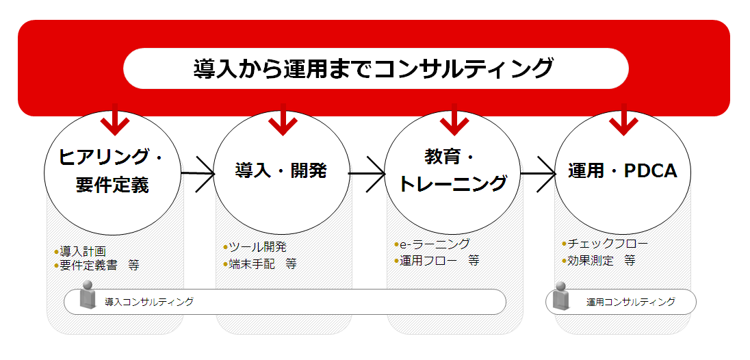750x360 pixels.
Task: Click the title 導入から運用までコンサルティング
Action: pos(374,69)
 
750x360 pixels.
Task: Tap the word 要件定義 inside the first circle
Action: pos(112,185)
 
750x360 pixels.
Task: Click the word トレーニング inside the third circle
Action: pos(452,183)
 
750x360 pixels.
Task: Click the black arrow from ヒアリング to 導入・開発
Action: pos(198,173)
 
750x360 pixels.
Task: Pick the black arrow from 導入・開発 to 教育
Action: pos(367,173)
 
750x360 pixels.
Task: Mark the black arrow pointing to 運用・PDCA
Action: pos(538,173)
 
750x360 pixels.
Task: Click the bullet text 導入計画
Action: pos(83,251)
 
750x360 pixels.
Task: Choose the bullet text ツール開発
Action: pos(257,247)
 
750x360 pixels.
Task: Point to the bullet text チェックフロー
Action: pos(608,244)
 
